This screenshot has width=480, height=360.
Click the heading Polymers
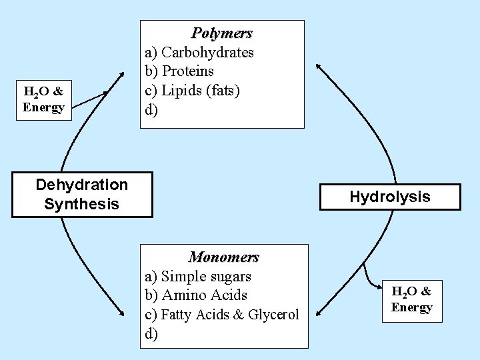[x=222, y=33]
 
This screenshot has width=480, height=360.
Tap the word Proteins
[x=187, y=71]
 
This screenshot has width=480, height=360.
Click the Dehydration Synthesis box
[x=81, y=194]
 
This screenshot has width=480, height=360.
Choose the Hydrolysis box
[x=390, y=197]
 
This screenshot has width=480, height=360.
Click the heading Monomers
[x=223, y=257]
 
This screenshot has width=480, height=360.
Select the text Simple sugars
[x=206, y=276]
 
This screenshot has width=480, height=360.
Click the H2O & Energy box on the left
[x=44, y=99]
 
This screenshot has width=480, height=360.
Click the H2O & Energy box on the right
[x=411, y=299]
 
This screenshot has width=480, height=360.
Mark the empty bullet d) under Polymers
[x=152, y=110]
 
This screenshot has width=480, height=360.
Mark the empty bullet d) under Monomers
[x=152, y=334]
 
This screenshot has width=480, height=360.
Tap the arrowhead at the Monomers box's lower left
[x=121, y=313]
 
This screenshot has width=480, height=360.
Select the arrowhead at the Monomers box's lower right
[x=319, y=311]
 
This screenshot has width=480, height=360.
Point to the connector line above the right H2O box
[x=368, y=275]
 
